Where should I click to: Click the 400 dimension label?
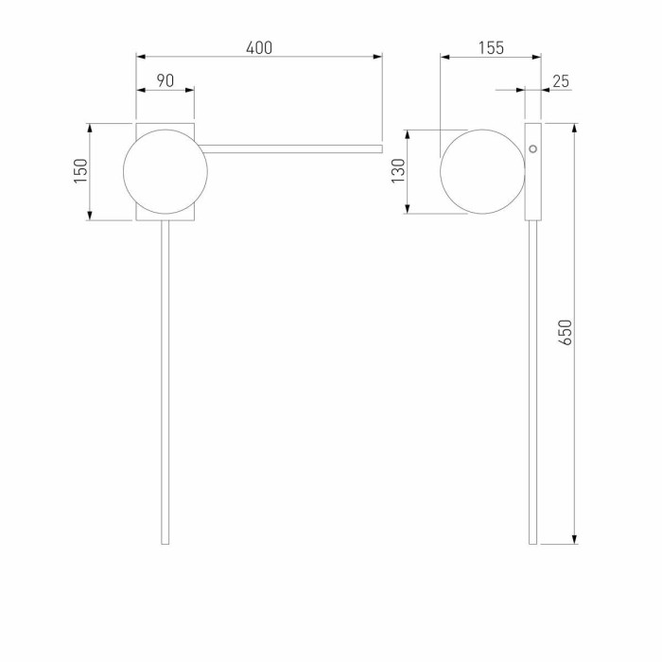coord(259,47)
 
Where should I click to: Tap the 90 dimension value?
coord(165,80)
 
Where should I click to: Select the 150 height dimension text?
coord(80,170)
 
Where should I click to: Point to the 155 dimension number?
coord(491,47)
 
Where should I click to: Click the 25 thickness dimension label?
coord(561,81)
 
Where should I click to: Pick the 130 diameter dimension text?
coord(398,170)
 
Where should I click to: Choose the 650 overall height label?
coord(566,332)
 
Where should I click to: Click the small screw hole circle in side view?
coord(533,148)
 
